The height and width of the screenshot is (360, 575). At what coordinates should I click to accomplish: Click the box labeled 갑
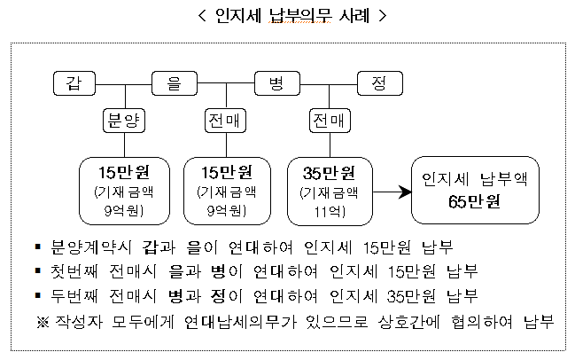(x=74, y=83)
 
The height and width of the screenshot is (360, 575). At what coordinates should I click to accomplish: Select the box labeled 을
(x=175, y=83)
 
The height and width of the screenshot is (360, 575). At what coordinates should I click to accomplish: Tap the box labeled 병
(x=277, y=83)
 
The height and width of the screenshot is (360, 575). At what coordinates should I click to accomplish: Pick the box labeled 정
(x=380, y=83)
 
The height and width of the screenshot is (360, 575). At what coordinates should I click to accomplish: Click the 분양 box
(x=124, y=121)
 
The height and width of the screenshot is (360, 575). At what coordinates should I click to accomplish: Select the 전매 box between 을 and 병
(x=225, y=121)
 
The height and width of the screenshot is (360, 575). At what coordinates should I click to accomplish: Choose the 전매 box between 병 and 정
(x=330, y=121)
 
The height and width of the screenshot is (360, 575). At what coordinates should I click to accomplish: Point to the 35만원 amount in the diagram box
(x=329, y=173)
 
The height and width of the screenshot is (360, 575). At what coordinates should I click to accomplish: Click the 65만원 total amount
(x=474, y=201)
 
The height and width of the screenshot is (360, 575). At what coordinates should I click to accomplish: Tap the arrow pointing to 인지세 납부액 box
(x=392, y=192)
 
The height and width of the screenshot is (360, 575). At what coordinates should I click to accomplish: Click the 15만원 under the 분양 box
(x=124, y=172)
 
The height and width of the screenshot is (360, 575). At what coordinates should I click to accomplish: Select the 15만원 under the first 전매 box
(x=227, y=172)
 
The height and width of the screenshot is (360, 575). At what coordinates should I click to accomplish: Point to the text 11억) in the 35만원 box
(x=330, y=211)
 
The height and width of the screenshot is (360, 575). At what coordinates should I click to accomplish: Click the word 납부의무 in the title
(x=300, y=15)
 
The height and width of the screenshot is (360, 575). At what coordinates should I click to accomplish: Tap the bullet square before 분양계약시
(x=38, y=247)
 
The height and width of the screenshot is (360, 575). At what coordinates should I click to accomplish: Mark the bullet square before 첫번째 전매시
(x=38, y=270)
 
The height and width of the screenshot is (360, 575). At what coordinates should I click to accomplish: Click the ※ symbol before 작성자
(x=43, y=322)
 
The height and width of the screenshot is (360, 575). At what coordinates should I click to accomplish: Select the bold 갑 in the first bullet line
(x=150, y=247)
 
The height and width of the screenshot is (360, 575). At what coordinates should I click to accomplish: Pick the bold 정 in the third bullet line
(x=218, y=296)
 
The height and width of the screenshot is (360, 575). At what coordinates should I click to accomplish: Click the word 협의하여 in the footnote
(x=481, y=322)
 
